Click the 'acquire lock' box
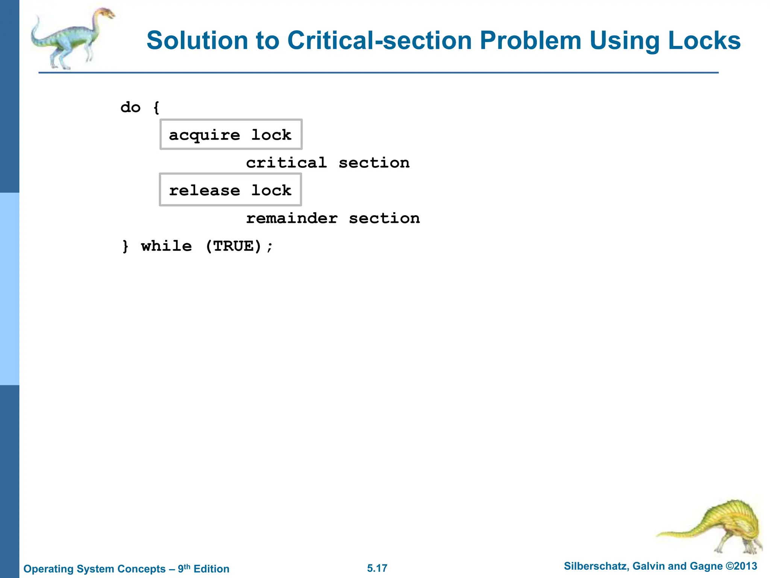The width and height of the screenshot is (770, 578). point(231,135)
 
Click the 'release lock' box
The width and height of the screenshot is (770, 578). point(230,190)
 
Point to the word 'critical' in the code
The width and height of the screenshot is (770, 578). point(286,163)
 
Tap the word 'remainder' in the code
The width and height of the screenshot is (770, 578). point(292,218)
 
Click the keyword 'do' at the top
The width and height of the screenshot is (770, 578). point(130,107)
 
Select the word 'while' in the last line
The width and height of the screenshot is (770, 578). point(166,246)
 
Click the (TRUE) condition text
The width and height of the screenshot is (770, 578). point(233,246)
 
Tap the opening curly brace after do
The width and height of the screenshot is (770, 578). point(156,108)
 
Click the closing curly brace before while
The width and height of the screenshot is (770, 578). point(126,246)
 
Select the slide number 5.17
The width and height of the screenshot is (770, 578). point(377,568)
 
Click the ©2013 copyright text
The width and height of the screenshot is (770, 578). point(741,566)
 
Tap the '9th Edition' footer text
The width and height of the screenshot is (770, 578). point(203,569)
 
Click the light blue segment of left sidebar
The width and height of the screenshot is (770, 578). point(9,289)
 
